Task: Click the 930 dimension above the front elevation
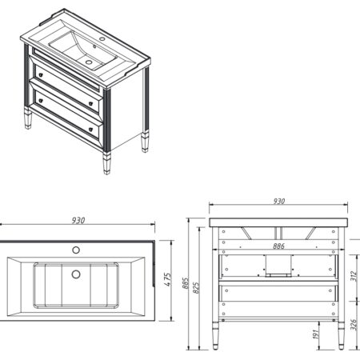tap(279, 201)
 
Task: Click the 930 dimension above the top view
tap(78, 221)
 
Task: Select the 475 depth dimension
tap(167, 279)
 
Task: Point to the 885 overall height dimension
tap(186, 283)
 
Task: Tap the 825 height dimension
tap(196, 288)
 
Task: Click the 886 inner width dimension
tap(278, 246)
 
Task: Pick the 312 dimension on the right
tap(354, 276)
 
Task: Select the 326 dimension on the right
tap(354, 325)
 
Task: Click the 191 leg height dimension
tap(315, 334)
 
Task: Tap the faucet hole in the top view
tap(76, 250)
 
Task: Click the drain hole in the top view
tap(76, 274)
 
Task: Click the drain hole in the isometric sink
tap(89, 62)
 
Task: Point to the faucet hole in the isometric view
tap(102, 39)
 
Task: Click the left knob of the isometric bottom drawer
tap(41, 101)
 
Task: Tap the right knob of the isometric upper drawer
tap(90, 103)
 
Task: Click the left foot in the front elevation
tap(215, 336)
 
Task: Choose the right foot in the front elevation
tap(341, 336)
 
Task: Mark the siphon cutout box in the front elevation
tap(278, 266)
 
